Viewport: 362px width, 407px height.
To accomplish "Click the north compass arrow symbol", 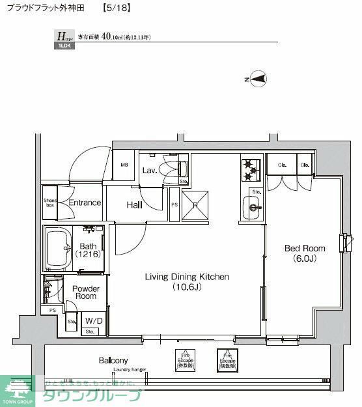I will pyautogui.click(x=258, y=79).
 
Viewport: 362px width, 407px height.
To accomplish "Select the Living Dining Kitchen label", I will pyautogui.click(x=187, y=281).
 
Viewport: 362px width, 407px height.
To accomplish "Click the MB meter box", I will pyautogui.click(x=124, y=165).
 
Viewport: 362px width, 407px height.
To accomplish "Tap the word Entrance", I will pyautogui.click(x=85, y=203).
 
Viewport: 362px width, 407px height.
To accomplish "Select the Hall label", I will pyautogui.click(x=135, y=204).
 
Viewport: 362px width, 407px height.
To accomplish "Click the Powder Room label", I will pyautogui.click(x=85, y=292).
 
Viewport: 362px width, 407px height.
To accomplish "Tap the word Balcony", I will pyautogui.click(x=113, y=360).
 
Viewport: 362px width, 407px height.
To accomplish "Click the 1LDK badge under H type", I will pyautogui.click(x=63, y=46).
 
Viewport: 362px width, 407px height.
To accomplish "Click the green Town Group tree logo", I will pyautogui.click(x=18, y=388).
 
